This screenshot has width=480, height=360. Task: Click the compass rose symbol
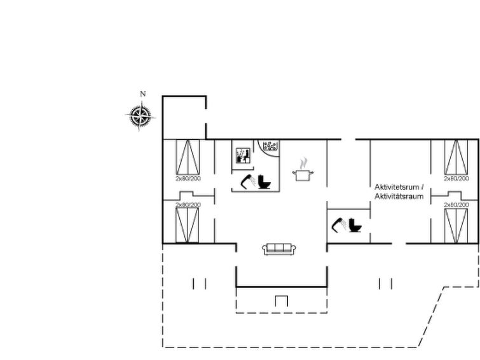tap(141, 116)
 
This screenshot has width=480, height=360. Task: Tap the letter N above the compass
tap(142, 94)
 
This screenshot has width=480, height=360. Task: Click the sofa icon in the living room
tap(277, 249)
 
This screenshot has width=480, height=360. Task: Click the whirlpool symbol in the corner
tap(270, 146)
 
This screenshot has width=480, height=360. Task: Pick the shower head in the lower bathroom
tap(341, 225)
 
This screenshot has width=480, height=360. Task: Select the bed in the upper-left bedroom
tap(188, 156)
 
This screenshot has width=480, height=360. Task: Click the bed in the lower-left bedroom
tap(188, 224)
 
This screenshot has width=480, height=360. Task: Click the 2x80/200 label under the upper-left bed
tap(188, 179)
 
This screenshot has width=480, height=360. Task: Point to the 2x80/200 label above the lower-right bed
tap(455, 205)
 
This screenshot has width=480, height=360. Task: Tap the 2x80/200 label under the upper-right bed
tap(455, 179)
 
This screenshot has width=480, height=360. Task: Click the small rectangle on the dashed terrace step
tap(281, 301)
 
